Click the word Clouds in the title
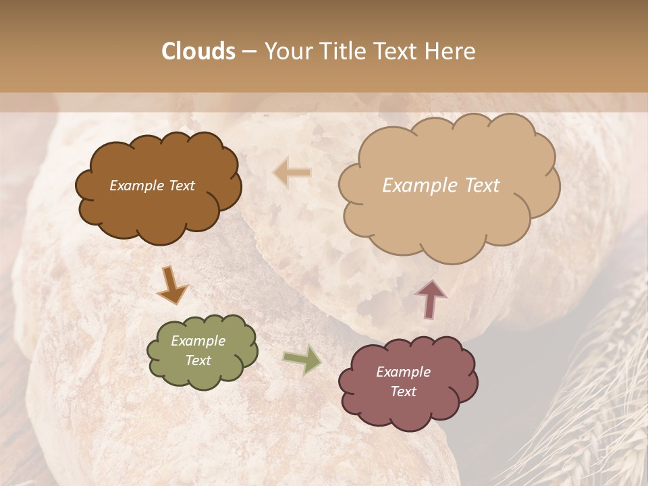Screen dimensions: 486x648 click(x=198, y=51)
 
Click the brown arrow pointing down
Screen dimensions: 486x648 click(x=172, y=285)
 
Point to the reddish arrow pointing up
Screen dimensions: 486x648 click(x=431, y=298)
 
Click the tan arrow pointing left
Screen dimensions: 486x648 click(x=292, y=173)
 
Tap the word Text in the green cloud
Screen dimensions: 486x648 click(x=198, y=360)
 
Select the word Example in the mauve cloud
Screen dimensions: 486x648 click(x=403, y=372)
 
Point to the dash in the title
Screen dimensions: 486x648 click(x=249, y=52)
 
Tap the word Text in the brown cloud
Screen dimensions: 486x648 click(x=182, y=186)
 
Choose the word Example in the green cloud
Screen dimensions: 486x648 click(x=198, y=341)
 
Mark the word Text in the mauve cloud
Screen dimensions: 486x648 click(x=403, y=391)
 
